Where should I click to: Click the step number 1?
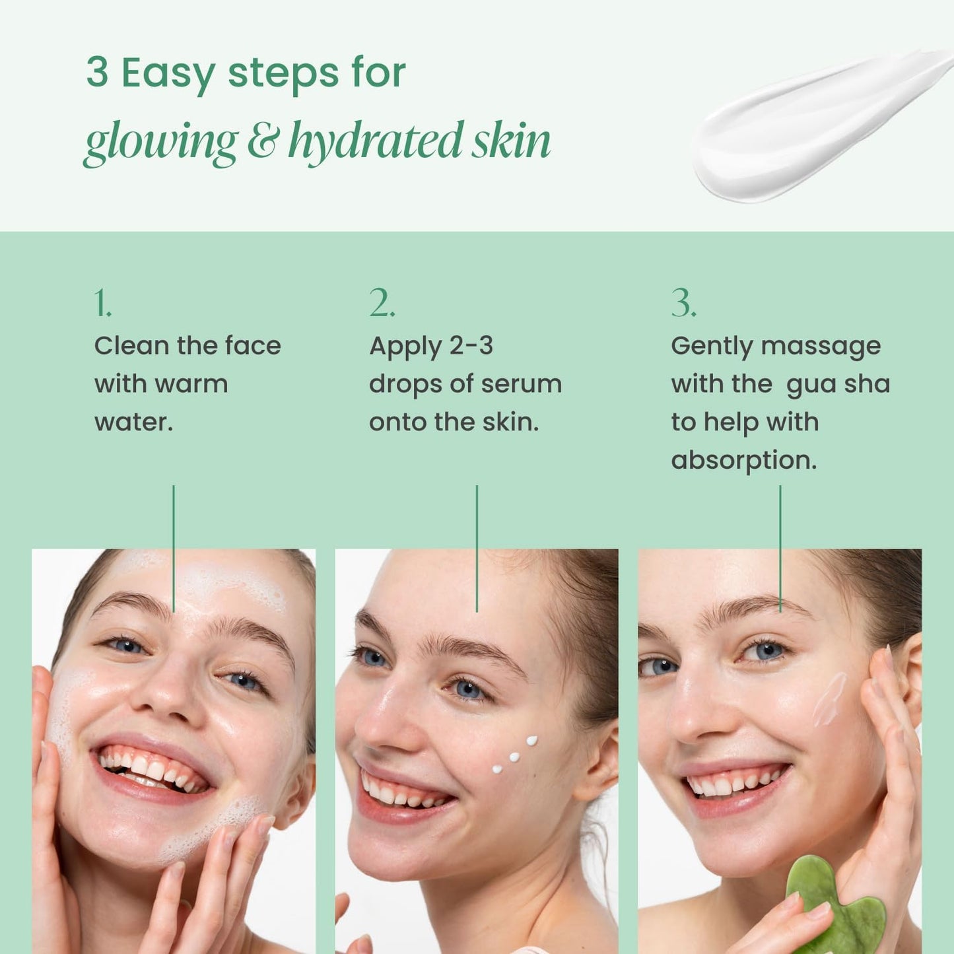(x=102, y=304)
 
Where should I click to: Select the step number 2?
(x=382, y=304)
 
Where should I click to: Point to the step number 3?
(x=683, y=304)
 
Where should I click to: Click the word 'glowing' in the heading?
(x=160, y=142)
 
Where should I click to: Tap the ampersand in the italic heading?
(x=263, y=141)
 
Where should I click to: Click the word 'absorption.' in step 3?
(x=743, y=460)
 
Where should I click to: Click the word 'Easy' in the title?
(x=168, y=74)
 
